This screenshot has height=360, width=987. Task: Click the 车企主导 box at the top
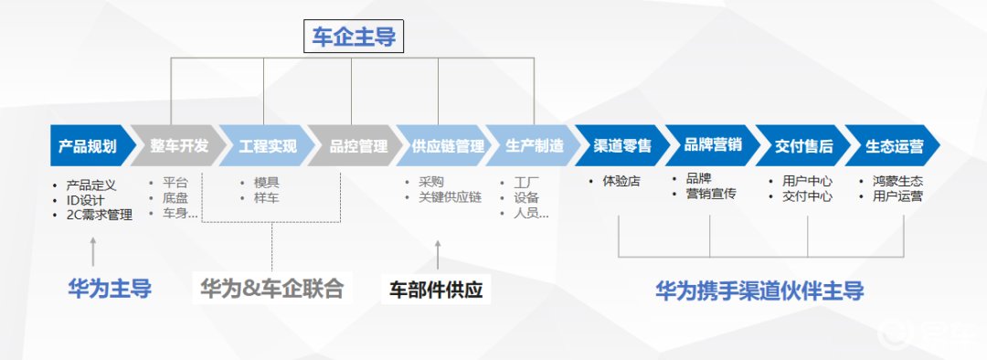click(353, 37)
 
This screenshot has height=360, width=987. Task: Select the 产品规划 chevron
click(88, 145)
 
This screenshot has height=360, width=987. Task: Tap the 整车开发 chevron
click(177, 145)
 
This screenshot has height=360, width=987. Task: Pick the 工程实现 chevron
click(267, 145)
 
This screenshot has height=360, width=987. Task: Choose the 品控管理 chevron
click(356, 145)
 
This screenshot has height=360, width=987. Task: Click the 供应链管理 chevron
click(446, 145)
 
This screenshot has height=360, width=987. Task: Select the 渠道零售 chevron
click(623, 145)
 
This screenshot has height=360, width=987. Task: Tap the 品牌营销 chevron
click(713, 145)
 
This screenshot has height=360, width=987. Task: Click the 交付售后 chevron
click(802, 145)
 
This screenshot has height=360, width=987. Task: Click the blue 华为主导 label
click(110, 290)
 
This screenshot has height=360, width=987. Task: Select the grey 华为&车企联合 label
click(272, 290)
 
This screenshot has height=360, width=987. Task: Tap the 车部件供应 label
click(436, 291)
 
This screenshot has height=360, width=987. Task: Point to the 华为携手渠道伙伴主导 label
click(759, 291)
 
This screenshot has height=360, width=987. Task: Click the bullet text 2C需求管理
click(100, 215)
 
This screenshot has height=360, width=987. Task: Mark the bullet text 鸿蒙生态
click(897, 181)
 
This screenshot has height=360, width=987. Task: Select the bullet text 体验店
click(621, 181)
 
